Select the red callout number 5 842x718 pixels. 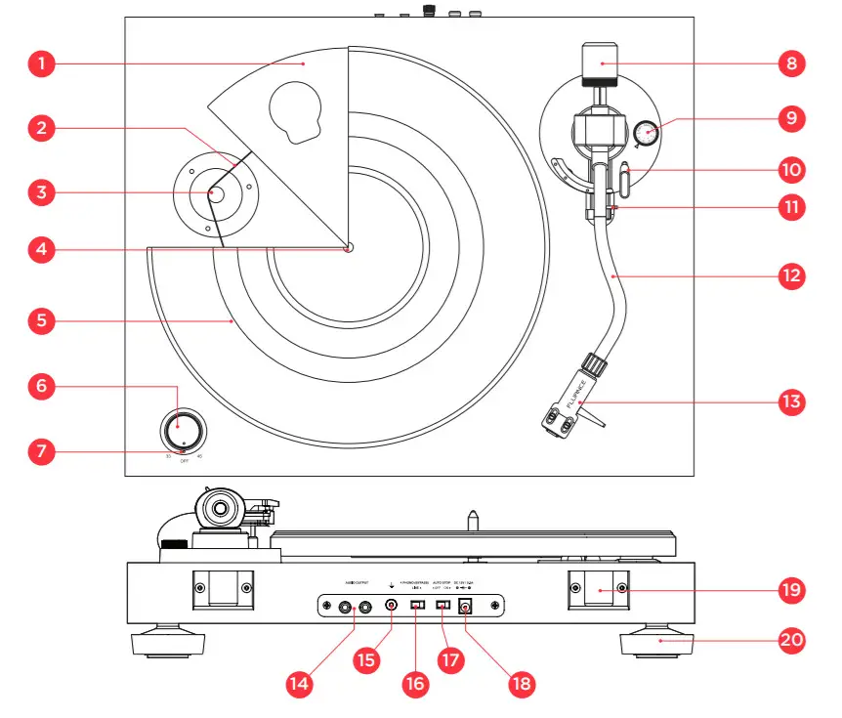click(x=39, y=318)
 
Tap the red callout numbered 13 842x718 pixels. click(x=790, y=401)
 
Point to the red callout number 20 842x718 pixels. click(x=790, y=641)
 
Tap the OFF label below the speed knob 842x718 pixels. click(x=184, y=457)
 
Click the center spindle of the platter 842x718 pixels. click(x=348, y=247)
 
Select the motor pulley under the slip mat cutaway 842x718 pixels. click(x=213, y=193)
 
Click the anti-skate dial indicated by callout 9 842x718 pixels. click(x=645, y=133)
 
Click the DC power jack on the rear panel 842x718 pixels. click(x=466, y=608)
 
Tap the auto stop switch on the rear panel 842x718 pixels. click(x=442, y=607)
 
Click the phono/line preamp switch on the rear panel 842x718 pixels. click(x=417, y=607)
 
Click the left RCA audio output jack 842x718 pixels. click(x=345, y=607)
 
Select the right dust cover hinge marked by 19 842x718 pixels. click(x=598, y=589)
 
